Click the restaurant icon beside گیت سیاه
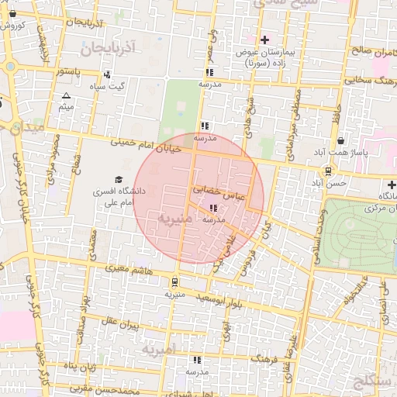coord(106,75)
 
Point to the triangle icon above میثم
coord(65,96)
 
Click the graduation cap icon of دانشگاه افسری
coord(119,179)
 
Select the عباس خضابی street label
coord(217,193)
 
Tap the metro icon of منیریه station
coord(175,282)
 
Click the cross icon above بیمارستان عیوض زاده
coord(265,39)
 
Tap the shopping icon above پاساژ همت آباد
coord(342,141)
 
